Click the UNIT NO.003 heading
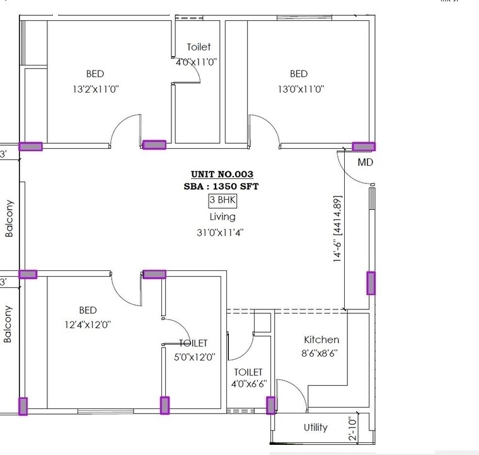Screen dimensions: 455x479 222,175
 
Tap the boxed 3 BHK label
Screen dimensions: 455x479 222,200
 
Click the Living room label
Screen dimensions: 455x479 222,217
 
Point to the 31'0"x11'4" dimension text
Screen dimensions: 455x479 220,232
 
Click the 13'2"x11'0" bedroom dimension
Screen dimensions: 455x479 95,89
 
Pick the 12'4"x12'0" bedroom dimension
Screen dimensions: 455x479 88,325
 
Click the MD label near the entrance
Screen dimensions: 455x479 366,162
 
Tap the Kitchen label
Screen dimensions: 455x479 321,340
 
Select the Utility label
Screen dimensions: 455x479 315,427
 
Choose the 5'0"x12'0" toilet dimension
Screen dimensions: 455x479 194,356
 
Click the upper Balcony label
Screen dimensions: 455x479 9,218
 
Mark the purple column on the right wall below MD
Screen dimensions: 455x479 371,283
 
